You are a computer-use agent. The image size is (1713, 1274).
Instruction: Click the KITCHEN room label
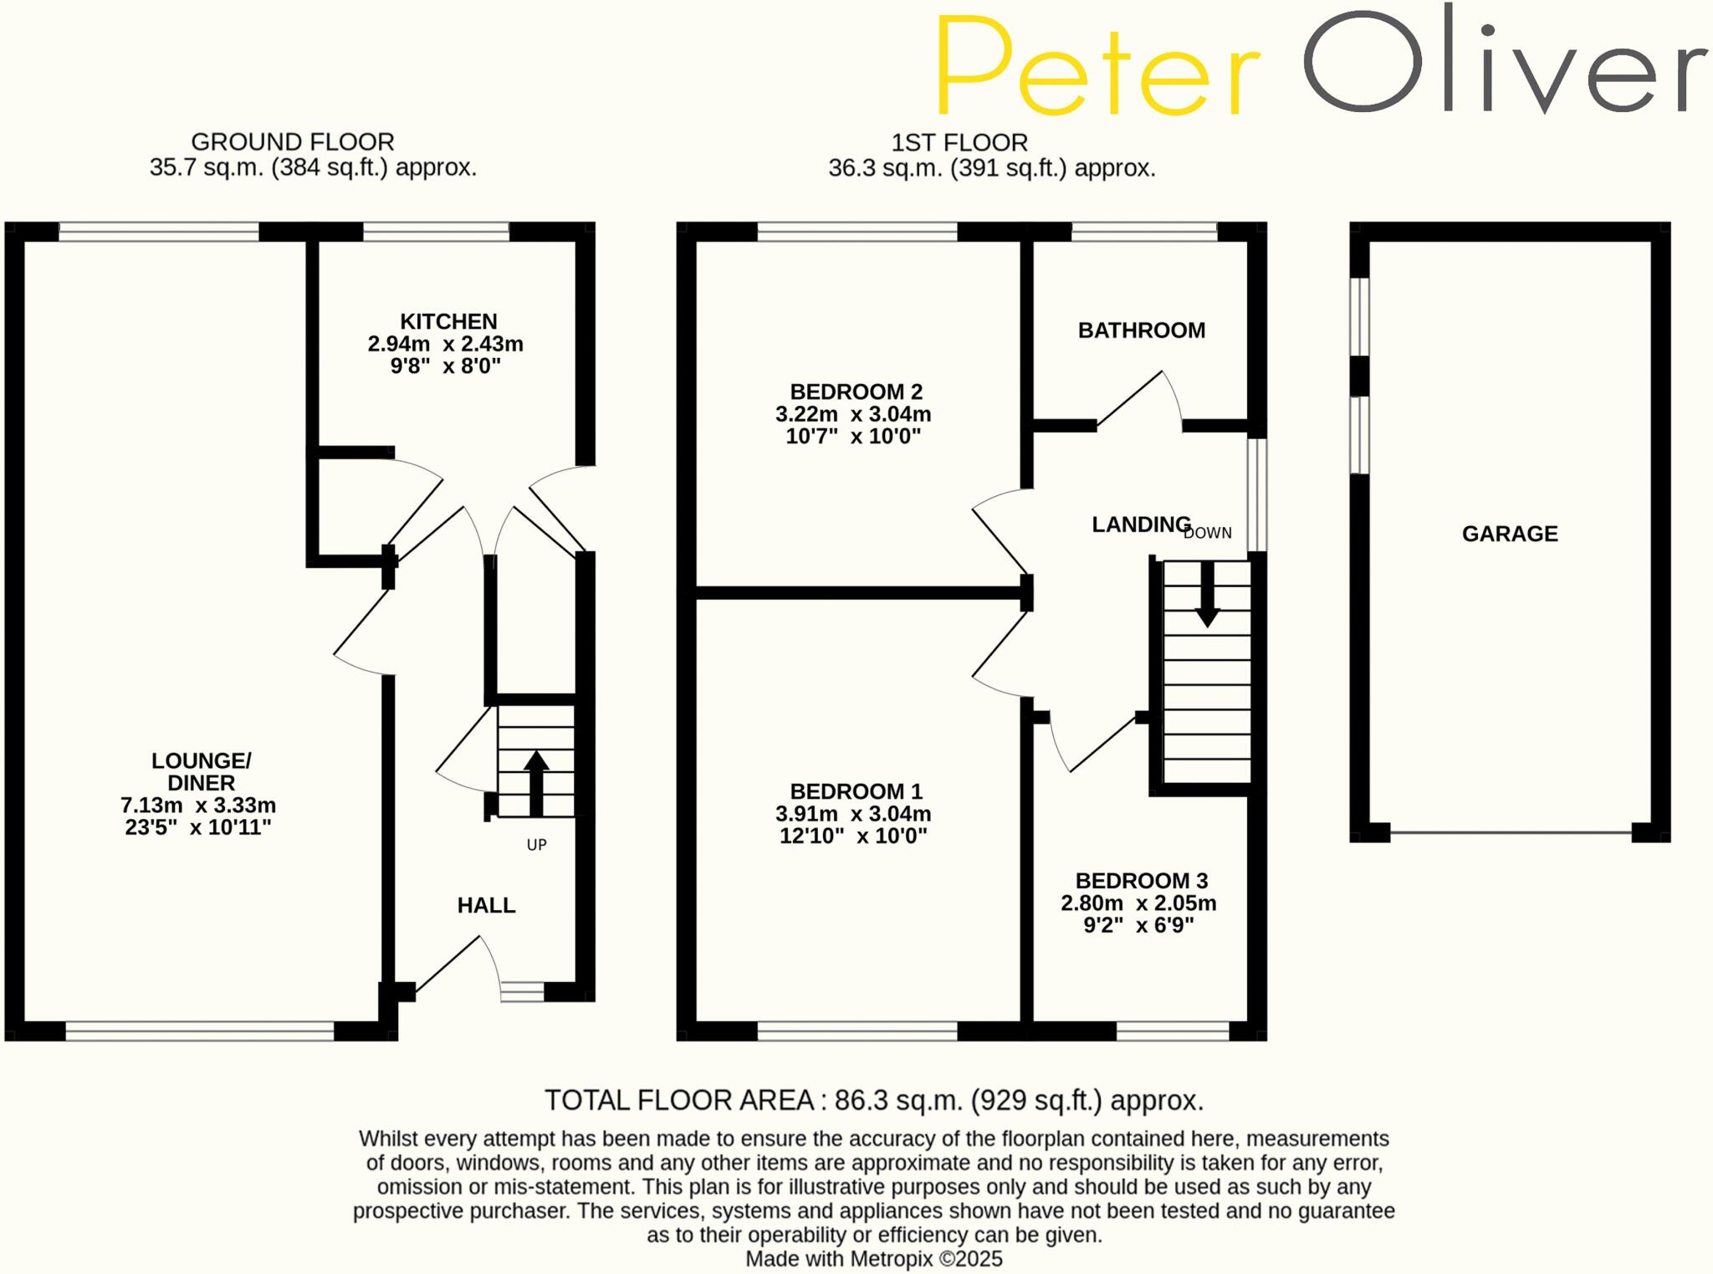(448, 322)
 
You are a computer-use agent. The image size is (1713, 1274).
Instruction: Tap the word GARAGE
(1510, 534)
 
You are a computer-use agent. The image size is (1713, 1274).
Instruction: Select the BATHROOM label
(1142, 330)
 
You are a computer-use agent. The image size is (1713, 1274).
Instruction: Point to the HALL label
(486, 905)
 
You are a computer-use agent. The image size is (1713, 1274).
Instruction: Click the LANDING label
(1141, 524)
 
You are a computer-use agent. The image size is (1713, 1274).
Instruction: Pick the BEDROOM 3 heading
(1141, 881)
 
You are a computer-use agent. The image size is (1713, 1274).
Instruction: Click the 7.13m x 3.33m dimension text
(198, 806)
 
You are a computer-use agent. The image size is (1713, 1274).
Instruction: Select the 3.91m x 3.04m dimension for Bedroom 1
(853, 814)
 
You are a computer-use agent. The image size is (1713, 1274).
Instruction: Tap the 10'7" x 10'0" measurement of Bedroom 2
(853, 436)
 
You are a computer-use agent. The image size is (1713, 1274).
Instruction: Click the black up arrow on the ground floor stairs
(536, 782)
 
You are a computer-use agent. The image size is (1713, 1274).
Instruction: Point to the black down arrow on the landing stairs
(1207, 595)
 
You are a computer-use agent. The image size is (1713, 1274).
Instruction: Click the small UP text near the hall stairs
(536, 845)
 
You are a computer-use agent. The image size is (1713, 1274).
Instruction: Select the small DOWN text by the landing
(1208, 533)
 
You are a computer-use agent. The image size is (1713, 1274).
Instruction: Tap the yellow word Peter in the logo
(1097, 67)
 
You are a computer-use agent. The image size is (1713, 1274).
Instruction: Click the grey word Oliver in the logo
(1505, 63)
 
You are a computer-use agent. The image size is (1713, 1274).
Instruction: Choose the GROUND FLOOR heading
(293, 142)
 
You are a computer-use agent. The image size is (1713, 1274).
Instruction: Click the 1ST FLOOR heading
(959, 143)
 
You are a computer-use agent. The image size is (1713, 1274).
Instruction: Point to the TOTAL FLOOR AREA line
(874, 1100)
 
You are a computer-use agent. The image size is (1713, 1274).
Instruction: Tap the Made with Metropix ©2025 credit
(873, 1259)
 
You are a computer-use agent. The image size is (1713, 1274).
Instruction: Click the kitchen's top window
(436, 231)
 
